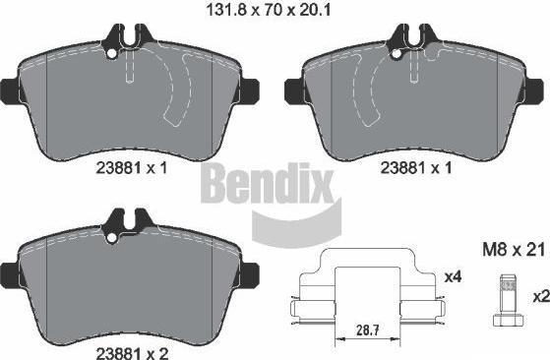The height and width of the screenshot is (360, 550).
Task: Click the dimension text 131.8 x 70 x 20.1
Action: [268, 10]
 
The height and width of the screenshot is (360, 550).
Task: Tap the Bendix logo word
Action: [267, 183]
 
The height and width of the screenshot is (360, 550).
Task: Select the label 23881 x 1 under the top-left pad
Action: [132, 168]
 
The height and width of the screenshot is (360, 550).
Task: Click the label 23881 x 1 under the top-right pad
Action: [416, 168]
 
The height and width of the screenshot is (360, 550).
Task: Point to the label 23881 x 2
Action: [132, 353]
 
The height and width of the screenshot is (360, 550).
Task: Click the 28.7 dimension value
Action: [368, 330]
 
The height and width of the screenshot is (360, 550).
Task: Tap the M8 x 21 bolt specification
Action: [514, 250]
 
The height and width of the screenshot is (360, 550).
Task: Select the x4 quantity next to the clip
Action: [453, 277]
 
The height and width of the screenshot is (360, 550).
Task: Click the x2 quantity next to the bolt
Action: [541, 297]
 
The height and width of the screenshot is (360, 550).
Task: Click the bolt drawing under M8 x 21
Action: [509, 299]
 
